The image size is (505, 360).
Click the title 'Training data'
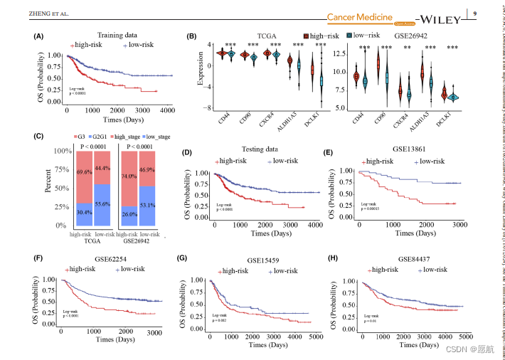117,34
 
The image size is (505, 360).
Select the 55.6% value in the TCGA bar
102,203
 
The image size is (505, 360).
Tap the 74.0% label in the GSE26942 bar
129,176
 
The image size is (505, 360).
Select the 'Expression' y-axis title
201,74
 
